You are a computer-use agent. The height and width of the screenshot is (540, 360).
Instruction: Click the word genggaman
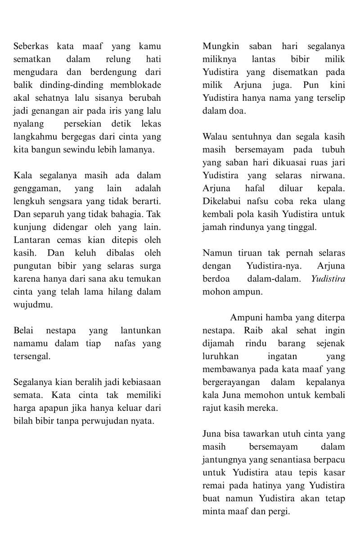(x=37, y=188)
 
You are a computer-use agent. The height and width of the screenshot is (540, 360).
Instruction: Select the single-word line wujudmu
(x=33, y=305)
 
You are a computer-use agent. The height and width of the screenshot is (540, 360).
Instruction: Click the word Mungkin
(x=220, y=46)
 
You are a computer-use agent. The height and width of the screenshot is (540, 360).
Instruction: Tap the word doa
(x=236, y=111)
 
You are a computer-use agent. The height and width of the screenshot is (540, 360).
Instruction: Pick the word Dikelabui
(x=221, y=201)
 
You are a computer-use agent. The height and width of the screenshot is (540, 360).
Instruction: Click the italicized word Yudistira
(x=328, y=279)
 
